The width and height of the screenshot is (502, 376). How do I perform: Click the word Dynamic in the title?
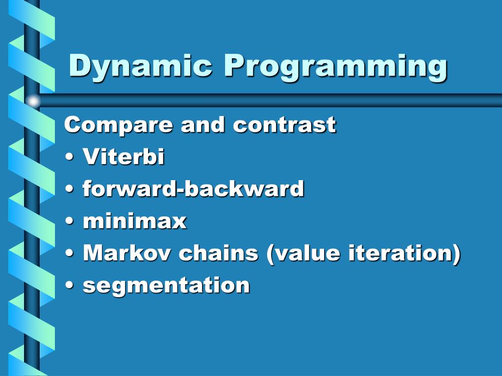click(140, 66)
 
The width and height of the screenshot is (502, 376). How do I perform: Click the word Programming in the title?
click(335, 67)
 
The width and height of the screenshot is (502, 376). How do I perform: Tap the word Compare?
click(119, 125)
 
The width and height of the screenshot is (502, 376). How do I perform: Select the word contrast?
click(284, 124)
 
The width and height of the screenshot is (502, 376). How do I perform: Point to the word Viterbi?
click(124, 156)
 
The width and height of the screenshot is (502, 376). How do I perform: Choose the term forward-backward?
click(193, 188)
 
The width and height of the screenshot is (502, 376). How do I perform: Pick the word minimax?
click(134, 221)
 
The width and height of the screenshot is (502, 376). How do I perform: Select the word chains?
click(218, 253)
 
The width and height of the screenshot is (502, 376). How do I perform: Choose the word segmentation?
click(166, 285)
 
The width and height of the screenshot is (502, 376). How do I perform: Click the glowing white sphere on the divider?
click(33, 101)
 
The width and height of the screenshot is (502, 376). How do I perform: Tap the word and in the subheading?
click(202, 124)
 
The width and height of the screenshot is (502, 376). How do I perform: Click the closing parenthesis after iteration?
click(456, 254)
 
